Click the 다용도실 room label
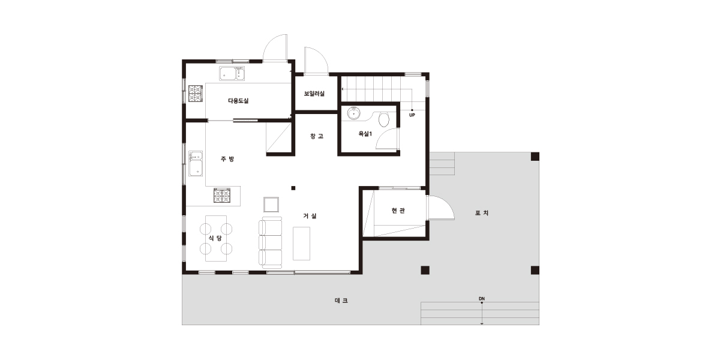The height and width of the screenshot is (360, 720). (238, 101)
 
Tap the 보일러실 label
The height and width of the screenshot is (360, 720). (314, 94)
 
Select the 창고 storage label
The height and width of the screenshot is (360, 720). (317, 136)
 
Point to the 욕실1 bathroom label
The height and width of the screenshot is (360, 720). (365, 134)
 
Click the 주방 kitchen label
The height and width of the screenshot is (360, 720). (227, 159)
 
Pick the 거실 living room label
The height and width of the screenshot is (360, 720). (310, 216)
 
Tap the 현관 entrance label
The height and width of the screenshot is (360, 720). (398, 211)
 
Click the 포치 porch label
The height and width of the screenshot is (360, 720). (482, 213)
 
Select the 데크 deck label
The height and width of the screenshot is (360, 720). (341, 301)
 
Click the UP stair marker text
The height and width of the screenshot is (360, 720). (412, 115)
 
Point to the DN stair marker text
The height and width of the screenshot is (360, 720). (481, 299)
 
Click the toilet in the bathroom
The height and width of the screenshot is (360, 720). (384, 119)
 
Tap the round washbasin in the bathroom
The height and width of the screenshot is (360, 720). (353, 113)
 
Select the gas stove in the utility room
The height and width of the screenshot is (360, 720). (196, 94)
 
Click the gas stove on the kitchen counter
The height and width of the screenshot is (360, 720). (222, 196)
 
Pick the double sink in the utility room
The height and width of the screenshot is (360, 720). (232, 73)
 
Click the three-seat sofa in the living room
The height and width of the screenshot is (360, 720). (271, 242)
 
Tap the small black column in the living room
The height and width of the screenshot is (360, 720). (293, 188)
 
